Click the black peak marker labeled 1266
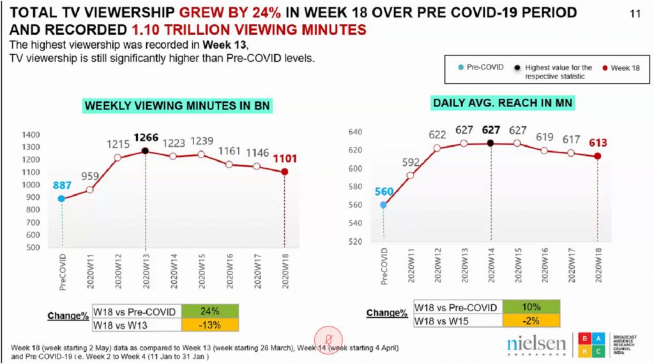[146, 151]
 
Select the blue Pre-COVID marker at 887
[62, 198]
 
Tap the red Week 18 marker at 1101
[284, 172]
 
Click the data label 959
[90, 175]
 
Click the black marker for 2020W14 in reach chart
[490, 143]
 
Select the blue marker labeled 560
[383, 205]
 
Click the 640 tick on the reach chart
[354, 132]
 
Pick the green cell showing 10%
[531, 308]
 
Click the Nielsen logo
[536, 344]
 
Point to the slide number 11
[635, 13]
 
